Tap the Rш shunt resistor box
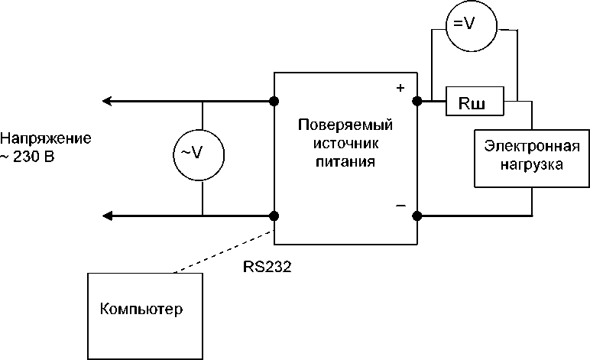point(475,101)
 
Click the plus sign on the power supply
point(400,88)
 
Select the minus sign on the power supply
point(400,206)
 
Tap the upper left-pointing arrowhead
point(108,101)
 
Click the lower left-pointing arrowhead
point(108,216)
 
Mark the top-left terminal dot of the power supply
point(274,101)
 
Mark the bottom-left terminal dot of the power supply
point(274,216)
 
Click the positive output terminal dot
point(417,101)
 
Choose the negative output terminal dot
point(417,216)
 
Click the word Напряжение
point(45,139)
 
